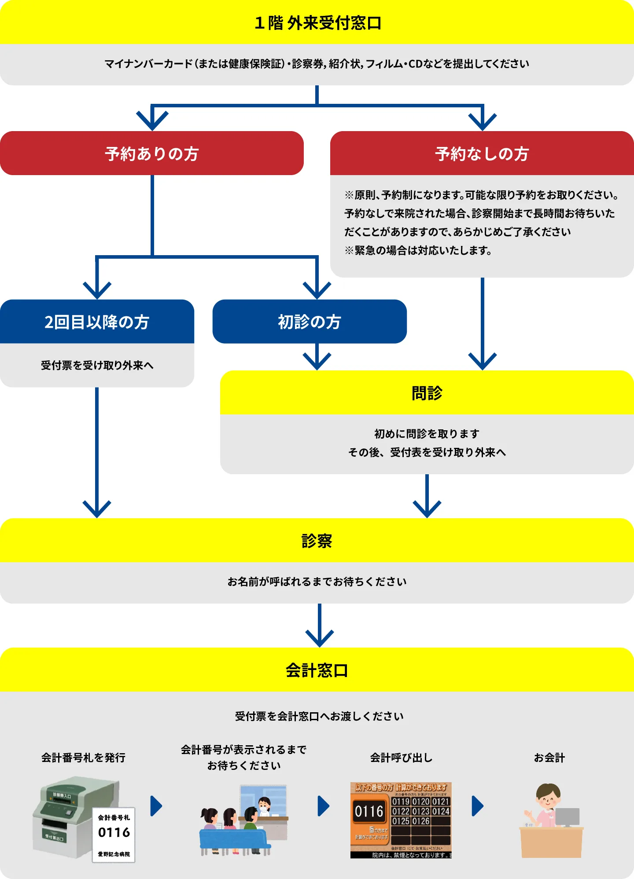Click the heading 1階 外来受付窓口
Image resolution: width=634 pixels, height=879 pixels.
click(x=317, y=23)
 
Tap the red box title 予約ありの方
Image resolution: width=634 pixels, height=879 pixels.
click(x=152, y=154)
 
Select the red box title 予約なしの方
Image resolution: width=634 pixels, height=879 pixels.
click(x=482, y=154)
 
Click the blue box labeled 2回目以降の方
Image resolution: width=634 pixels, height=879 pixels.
click(x=97, y=322)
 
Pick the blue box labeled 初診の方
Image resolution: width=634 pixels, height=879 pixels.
click(x=309, y=322)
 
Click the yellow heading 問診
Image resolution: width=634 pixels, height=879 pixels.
click(x=427, y=393)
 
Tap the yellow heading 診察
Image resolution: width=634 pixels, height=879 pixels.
click(x=317, y=541)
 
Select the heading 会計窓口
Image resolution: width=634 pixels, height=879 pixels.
click(x=317, y=670)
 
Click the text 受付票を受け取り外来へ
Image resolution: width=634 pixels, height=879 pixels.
click(x=97, y=365)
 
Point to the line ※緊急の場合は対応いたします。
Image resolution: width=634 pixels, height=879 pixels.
click(x=418, y=251)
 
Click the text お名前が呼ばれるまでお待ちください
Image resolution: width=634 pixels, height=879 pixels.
click(x=317, y=582)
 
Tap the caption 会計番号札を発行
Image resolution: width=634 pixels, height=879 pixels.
click(x=83, y=758)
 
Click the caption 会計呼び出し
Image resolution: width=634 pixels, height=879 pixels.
click(x=401, y=758)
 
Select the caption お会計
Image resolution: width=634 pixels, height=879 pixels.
click(x=549, y=758)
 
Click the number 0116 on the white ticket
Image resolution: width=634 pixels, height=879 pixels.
click(x=114, y=832)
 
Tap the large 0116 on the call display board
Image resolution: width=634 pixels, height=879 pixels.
click(x=369, y=811)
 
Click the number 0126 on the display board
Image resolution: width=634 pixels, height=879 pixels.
click(x=421, y=821)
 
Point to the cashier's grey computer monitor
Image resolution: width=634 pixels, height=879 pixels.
click(x=567, y=817)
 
